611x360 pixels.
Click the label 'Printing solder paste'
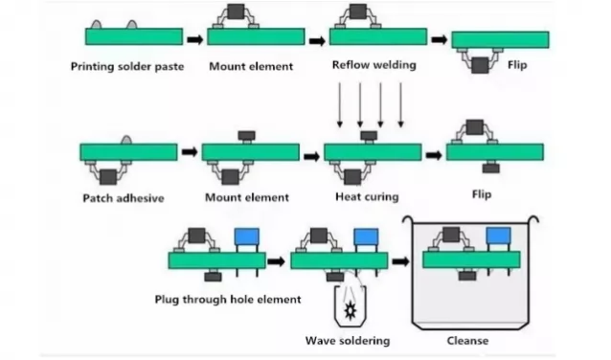coord(127,67)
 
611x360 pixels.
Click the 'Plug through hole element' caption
coord(228,300)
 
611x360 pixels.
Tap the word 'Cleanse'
coord(468,341)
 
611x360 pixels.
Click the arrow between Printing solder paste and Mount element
coord(194,39)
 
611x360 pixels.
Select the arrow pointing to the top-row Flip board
coord(439,39)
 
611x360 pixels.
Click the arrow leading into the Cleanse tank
coord(396,260)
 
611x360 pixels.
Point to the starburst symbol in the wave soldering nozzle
coord(347,308)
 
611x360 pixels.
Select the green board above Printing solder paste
coord(133,36)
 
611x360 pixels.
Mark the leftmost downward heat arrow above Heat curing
coord(339,105)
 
